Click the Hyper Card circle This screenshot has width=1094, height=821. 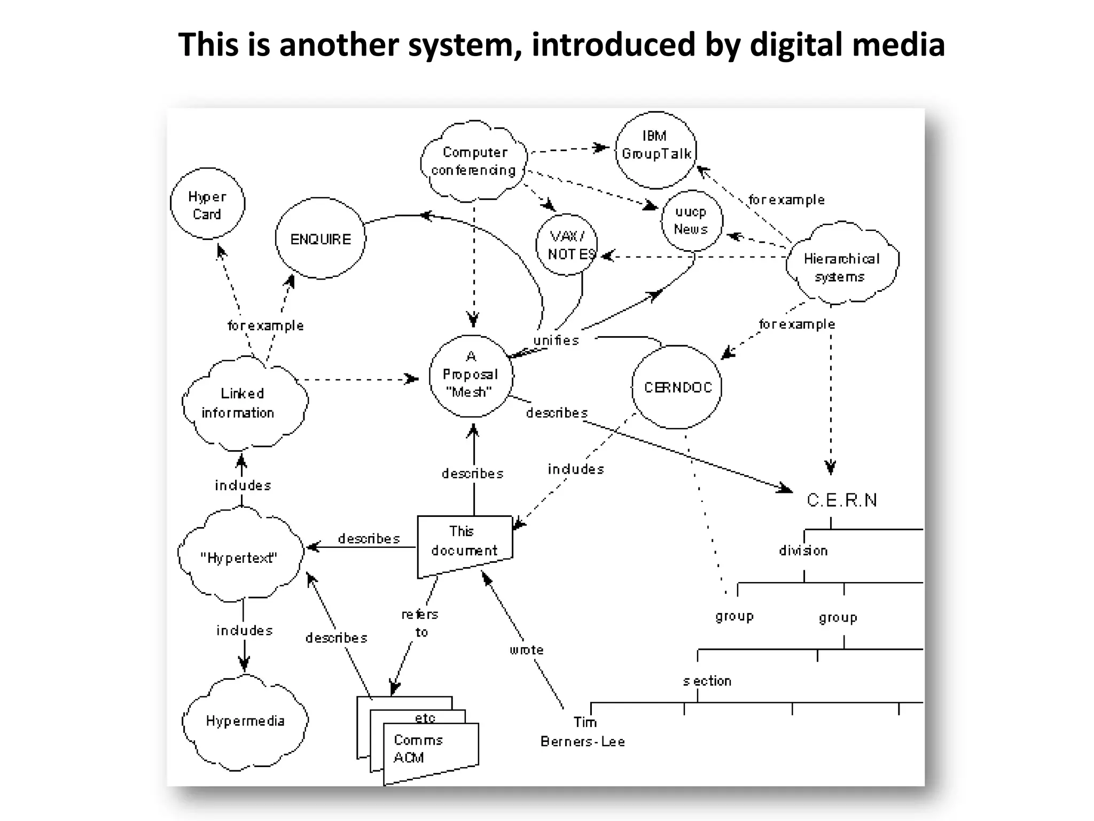pos(207,204)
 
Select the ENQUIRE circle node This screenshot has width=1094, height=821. pos(321,239)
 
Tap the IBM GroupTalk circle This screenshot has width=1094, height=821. pos(656,150)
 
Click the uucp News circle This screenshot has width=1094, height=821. pos(691,221)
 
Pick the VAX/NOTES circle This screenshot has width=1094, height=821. pos(567,245)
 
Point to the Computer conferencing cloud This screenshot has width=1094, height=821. pos(474,161)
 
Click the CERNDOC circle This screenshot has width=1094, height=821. pos(677,387)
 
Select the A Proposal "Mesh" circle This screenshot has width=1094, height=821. pos(471,375)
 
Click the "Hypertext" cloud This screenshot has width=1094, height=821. pos(239,557)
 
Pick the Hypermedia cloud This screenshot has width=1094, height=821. pos(245,721)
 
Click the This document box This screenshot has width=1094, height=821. pos(464,542)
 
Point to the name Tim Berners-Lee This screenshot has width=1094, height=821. pos(582,732)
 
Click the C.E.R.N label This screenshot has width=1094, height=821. pos(841,500)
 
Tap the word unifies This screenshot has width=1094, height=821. pos(556,340)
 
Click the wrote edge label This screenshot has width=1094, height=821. pos(526,650)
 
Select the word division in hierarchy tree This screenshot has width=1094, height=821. pos(803,551)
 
